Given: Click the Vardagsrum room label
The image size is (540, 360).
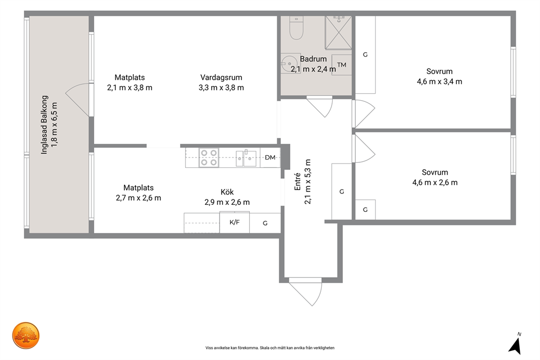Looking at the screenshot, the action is point(221,77).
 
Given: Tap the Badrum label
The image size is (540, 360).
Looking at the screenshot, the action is point(313,59).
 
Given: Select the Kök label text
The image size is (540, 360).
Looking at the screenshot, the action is point(227,192).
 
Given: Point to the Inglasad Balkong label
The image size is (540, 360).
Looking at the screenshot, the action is point(44,125).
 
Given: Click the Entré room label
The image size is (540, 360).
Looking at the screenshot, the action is point(297,181).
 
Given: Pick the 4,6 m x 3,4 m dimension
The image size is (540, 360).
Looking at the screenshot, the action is point(439,82).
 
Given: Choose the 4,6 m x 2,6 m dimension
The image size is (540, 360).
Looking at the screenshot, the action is point(435,182).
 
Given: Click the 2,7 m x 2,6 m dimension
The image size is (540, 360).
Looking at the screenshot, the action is point(138,198).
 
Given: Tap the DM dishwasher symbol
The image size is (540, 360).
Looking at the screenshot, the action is point(270,157).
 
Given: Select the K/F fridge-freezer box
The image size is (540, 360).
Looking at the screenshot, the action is point(235,223).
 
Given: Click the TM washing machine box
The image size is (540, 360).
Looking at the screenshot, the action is point(341,65).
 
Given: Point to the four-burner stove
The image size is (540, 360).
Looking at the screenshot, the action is point(208,157).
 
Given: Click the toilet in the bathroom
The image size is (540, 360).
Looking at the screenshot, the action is point(296,28).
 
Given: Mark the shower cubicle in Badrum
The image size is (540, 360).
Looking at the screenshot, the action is point(339,32).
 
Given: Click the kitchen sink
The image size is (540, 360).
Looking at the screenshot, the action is point(246,158).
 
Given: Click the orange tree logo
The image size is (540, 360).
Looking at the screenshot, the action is point(26,335).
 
